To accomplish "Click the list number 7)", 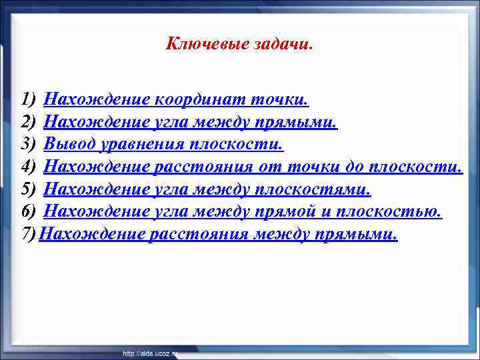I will (x=28, y=234).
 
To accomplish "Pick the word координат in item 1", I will (x=199, y=100).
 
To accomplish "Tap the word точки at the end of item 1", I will (x=279, y=100).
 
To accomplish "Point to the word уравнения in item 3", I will (x=140, y=145).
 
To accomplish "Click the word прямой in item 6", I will (x=299, y=211).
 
